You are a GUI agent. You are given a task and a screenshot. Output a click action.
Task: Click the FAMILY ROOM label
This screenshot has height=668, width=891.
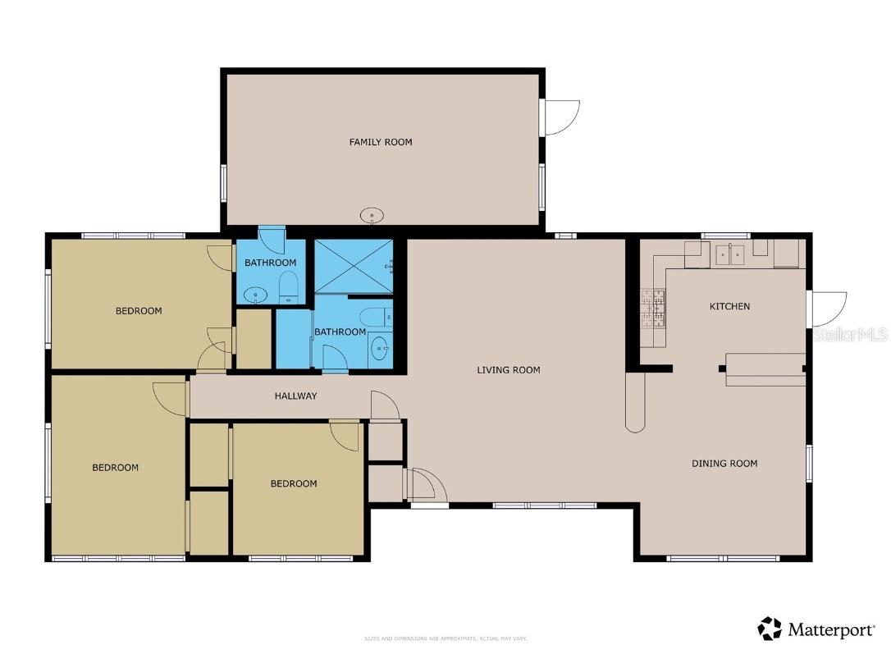[381, 142]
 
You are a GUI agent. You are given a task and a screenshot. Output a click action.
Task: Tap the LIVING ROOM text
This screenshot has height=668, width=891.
[509, 370]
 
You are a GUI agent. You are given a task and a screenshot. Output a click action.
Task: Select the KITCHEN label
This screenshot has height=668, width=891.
[729, 306]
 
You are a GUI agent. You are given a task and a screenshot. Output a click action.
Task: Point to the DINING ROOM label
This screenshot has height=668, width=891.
[724, 464]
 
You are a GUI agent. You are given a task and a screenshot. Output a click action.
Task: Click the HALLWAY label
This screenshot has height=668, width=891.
[295, 396]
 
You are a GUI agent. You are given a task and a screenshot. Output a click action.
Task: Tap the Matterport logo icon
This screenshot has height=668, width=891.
[770, 629]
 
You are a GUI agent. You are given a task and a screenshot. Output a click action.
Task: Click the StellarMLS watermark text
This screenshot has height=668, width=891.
[851, 335]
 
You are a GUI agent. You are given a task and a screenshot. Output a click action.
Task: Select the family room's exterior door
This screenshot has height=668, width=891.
[560, 118]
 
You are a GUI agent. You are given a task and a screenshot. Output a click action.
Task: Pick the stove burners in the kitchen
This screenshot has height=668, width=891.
[653, 308]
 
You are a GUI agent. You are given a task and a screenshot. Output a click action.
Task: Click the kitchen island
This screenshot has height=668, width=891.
[765, 369]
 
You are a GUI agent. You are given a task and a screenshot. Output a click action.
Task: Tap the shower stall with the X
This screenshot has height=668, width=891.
[353, 266]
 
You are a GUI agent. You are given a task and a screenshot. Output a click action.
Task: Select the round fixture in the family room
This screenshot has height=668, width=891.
[372, 216]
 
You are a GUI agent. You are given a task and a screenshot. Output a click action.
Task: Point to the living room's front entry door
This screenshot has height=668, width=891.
[425, 484]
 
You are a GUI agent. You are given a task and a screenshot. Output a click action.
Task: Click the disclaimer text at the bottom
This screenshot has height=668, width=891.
[445, 638]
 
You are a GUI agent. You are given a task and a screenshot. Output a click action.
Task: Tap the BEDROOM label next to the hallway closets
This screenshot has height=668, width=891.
[294, 483]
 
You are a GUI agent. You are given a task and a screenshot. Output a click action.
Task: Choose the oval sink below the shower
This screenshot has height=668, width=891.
[380, 348]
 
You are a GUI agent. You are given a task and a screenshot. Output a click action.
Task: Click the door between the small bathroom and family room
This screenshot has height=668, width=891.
[272, 239]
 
